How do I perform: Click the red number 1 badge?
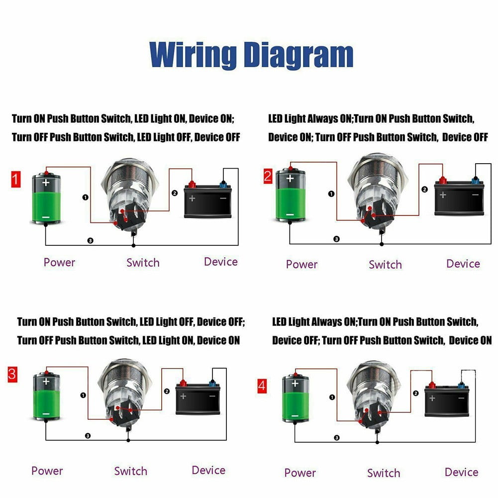pos(16,179)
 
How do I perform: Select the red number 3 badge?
pos(12,374)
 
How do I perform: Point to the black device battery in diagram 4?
pos(448,401)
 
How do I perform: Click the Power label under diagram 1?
pos(59,262)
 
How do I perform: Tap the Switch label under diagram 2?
pos(385,265)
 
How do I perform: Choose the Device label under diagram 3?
pos(208,470)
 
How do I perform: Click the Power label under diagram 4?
pos(299,472)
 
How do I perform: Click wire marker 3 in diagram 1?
pos(90,240)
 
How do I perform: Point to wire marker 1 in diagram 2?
pos(331,194)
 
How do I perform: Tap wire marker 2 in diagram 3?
pos(166,391)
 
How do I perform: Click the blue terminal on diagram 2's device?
pos(475,180)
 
